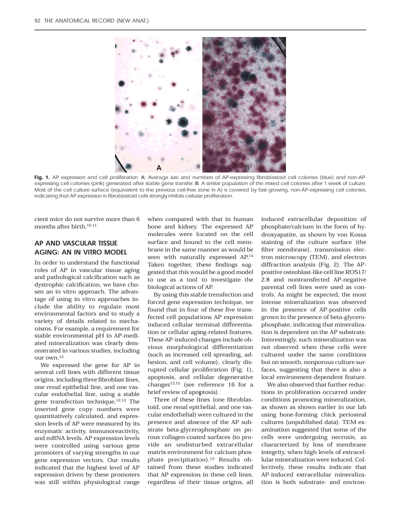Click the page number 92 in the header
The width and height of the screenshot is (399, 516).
point(37,21)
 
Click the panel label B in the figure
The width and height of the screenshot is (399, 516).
point(246,166)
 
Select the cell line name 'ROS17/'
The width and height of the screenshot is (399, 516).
point(355,270)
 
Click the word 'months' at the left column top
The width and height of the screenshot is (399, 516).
point(44,226)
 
